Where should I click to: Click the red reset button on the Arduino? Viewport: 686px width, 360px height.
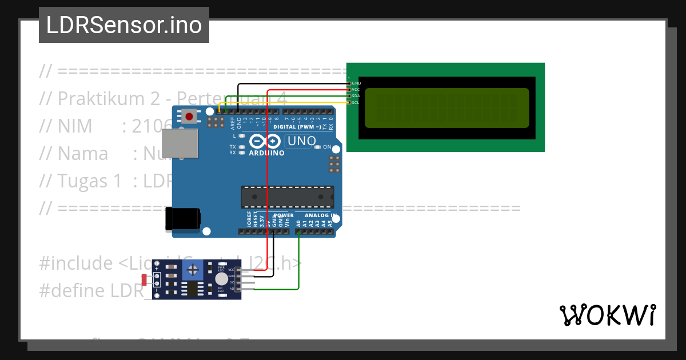pos(189,117)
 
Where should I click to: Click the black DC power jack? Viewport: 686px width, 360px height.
pos(183,219)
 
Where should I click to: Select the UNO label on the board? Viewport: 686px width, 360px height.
pos(301,141)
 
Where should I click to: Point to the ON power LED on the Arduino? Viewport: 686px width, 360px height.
pos(317,147)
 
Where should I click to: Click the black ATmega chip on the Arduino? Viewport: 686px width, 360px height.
pos(287,197)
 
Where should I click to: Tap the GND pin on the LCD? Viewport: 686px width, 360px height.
pos(349,83)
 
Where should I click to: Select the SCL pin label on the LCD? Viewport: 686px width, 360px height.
pos(356,102)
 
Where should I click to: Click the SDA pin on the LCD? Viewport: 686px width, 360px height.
pos(349,96)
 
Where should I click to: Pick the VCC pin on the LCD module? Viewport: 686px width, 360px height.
pos(349,90)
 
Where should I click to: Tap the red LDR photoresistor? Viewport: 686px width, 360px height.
pos(145,279)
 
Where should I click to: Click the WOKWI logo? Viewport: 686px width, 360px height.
pos(607,315)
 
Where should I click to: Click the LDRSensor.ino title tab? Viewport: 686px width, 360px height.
pos(123,25)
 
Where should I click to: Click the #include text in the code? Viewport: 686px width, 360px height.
pos(76,263)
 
